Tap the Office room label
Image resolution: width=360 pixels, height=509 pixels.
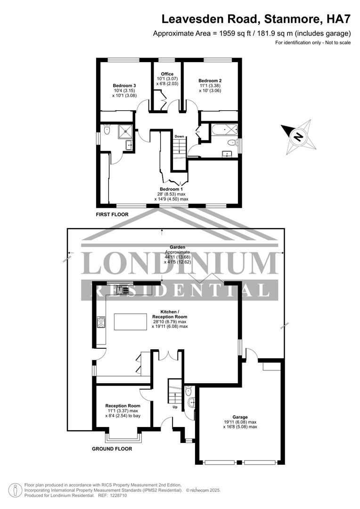tap(167, 74)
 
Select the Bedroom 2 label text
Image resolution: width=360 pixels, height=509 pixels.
tap(210, 81)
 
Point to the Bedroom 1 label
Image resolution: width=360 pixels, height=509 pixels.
tap(172, 189)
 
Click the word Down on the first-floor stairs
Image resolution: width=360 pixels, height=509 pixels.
tap(180, 137)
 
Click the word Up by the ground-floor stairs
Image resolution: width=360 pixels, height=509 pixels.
tap(175, 407)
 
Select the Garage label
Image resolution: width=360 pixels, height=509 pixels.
tap(240, 417)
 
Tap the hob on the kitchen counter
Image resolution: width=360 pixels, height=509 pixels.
tap(101, 322)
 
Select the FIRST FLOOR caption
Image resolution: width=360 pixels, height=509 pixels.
tap(112, 214)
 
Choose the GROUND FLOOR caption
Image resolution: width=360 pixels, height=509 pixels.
tap(112, 449)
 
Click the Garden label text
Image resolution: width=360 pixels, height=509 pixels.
tap(177, 247)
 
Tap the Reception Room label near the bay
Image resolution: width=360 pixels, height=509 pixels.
tap(123, 406)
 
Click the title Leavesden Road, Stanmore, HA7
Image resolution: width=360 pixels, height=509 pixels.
tap(256, 19)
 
